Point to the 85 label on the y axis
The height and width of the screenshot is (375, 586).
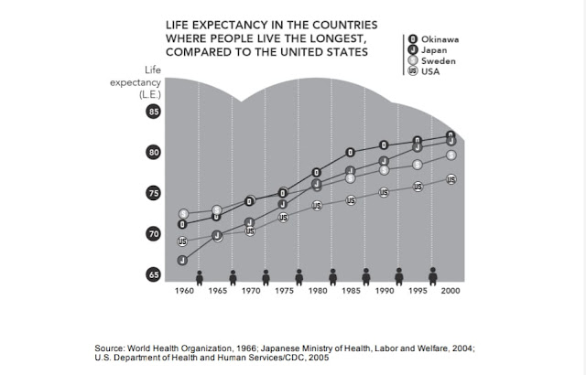pos(153,112)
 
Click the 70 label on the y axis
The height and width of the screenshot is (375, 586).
pos(153,234)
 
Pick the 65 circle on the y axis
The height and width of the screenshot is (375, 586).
pos(153,274)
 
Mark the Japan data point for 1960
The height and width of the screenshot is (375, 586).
pos(182,260)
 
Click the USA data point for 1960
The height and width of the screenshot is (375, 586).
pos(182,241)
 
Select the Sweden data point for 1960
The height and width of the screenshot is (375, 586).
pos(182,214)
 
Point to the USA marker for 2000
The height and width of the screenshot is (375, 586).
pos(450,179)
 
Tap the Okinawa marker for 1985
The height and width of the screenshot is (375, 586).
pos(350,152)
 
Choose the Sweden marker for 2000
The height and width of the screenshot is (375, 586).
pos(450,155)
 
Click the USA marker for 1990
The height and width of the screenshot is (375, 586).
pos(384,192)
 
